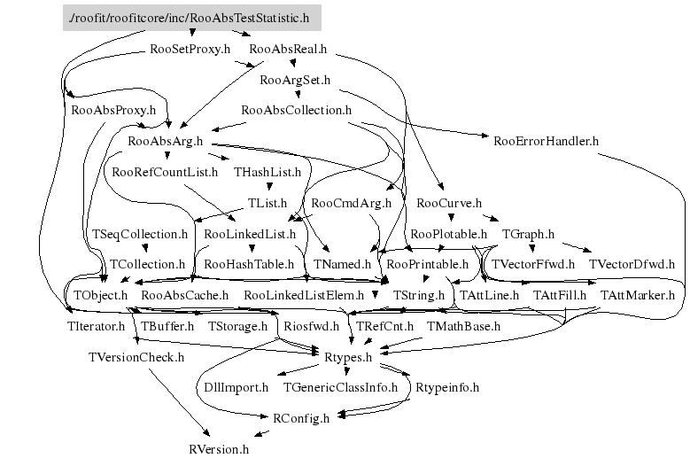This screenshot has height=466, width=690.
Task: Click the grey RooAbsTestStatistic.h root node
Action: (x=191, y=17)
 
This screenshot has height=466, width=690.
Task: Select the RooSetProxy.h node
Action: (x=190, y=50)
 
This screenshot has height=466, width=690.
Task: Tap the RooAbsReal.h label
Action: (x=289, y=50)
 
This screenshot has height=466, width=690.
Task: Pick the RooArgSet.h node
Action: (x=295, y=81)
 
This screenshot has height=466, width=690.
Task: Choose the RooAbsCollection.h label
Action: (x=296, y=111)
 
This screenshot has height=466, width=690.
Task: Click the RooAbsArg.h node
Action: (x=166, y=141)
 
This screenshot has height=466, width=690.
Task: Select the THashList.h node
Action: (x=267, y=172)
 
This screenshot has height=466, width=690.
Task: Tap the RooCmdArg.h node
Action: (x=352, y=203)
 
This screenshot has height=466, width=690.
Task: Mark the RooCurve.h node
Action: (x=448, y=203)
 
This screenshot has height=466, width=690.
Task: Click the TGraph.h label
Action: (x=528, y=234)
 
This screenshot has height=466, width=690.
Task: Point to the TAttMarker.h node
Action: (x=638, y=295)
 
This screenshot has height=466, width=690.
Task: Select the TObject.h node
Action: (x=100, y=295)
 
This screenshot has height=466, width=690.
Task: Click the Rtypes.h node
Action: (x=351, y=356)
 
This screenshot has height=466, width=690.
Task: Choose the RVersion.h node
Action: (x=220, y=448)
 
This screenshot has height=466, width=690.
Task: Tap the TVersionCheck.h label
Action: (x=136, y=357)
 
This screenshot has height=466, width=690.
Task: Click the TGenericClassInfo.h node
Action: (x=341, y=387)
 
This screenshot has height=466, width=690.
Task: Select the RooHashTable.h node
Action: (x=249, y=264)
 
